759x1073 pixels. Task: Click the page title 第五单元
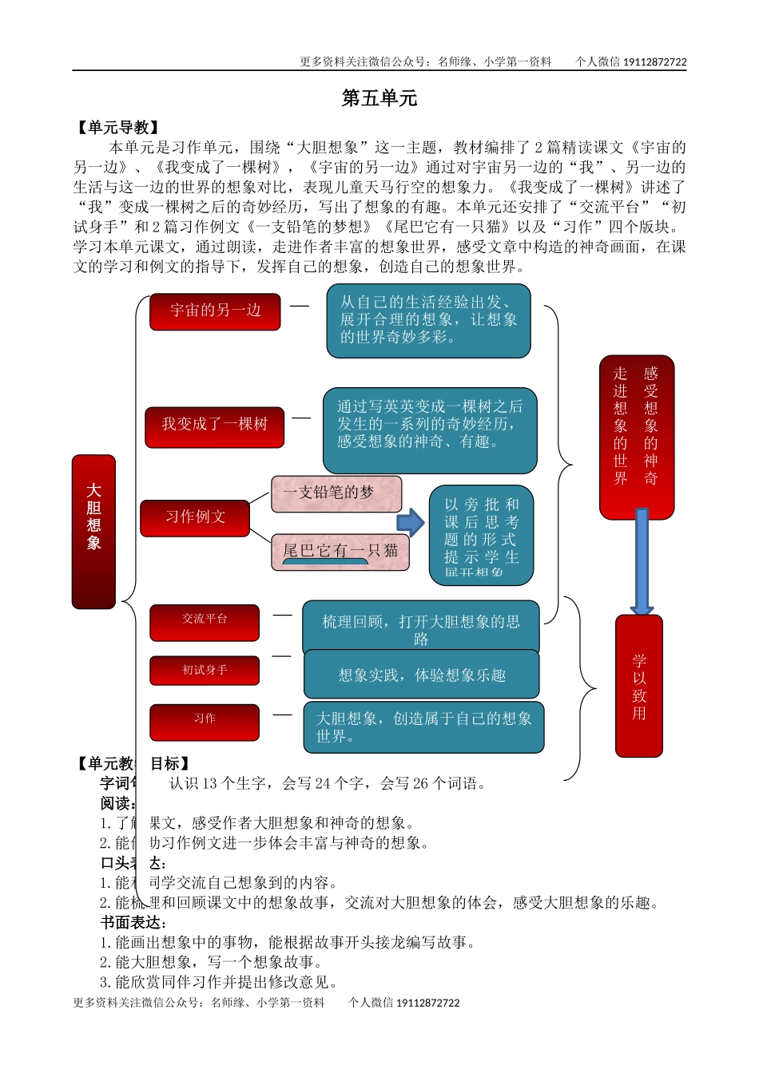(x=379, y=98)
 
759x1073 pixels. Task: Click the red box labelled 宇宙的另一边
(x=215, y=311)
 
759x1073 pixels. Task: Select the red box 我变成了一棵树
(x=214, y=425)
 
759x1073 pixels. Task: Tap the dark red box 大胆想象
(x=93, y=531)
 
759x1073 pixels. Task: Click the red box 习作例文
(x=195, y=517)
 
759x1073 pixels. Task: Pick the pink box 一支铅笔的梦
(x=336, y=493)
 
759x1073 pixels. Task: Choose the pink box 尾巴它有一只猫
(x=340, y=551)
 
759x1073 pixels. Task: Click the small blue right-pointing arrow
(x=411, y=523)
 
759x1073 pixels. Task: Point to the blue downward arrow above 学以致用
(x=642, y=562)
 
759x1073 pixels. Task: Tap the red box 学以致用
(x=639, y=685)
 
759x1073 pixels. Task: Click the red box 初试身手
(x=205, y=671)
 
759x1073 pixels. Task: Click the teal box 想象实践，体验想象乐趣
(x=421, y=675)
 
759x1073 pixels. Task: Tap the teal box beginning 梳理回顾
(x=420, y=628)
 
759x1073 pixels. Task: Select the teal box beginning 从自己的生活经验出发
(x=428, y=320)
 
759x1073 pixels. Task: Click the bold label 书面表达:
(x=132, y=923)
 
